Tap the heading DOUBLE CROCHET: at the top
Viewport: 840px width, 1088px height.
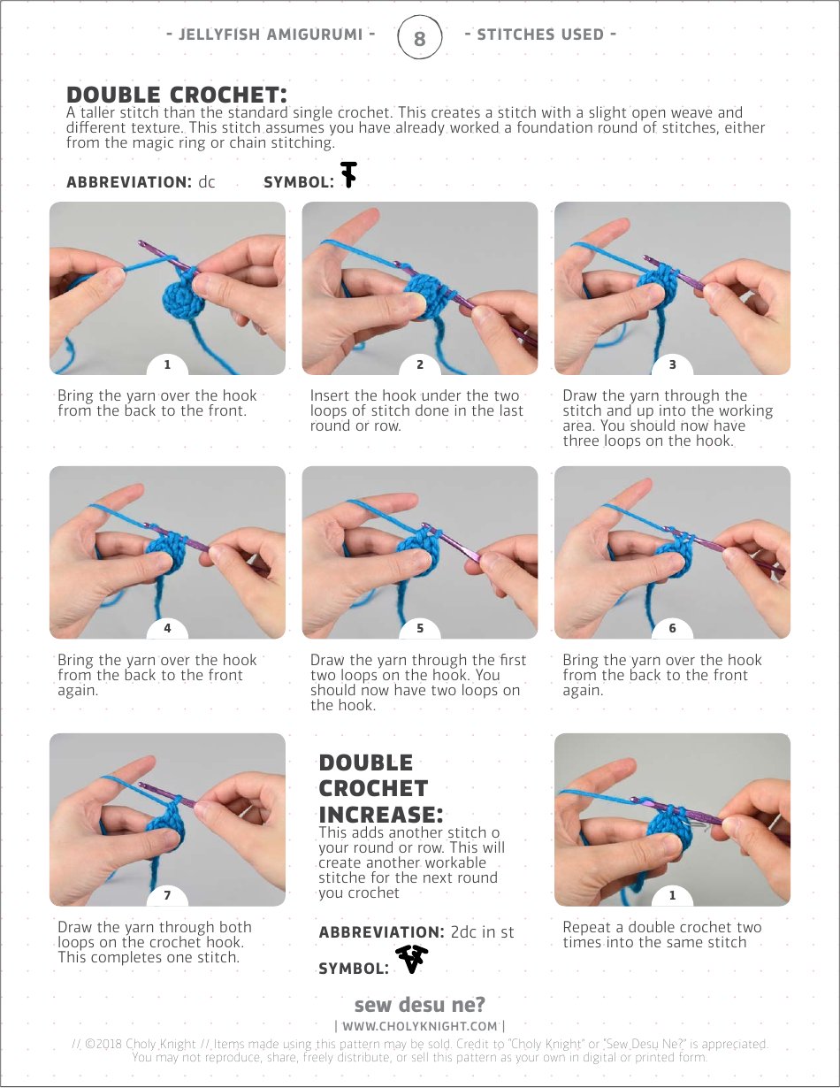177,95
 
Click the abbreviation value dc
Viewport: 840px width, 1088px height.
207,181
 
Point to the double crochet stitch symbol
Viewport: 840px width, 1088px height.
348,175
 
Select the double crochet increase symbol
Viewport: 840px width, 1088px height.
412,959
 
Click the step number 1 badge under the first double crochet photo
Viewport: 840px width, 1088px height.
167,364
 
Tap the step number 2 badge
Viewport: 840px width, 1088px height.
420,364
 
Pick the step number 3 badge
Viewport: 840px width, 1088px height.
672,364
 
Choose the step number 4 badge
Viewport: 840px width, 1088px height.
167,628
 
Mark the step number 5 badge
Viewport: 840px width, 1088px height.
420,628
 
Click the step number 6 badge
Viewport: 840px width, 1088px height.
672,628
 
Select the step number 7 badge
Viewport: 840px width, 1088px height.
167,895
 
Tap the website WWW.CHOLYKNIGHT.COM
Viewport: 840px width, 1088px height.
420,1026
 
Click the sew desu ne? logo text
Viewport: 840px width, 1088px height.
420,1004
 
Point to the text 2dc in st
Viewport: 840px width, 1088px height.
482,932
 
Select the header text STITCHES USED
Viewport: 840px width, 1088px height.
540,34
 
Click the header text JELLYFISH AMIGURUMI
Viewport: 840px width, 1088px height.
271,34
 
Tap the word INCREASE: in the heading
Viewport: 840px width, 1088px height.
381,815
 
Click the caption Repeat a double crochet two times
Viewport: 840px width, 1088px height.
662,935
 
